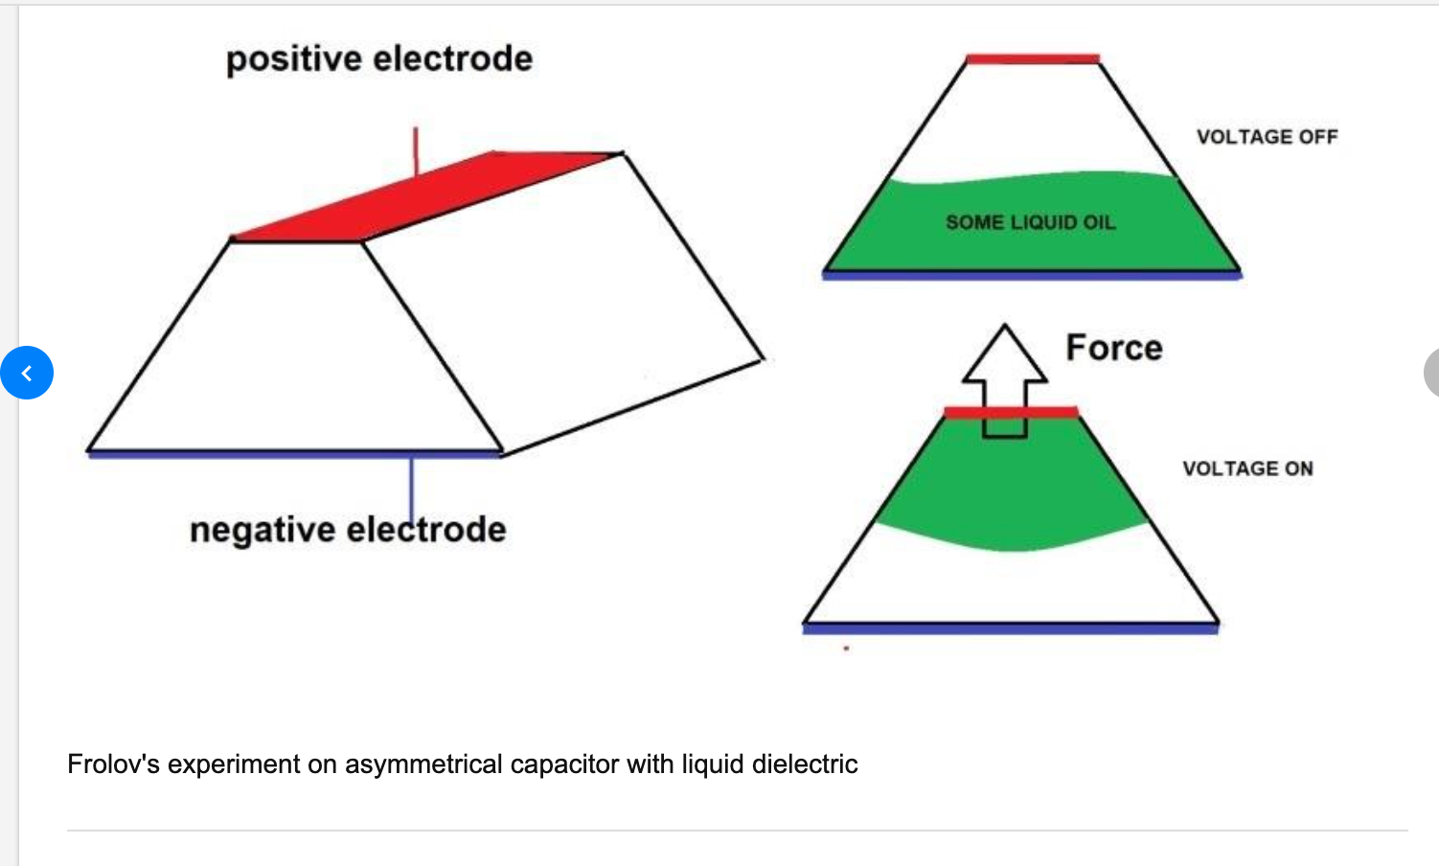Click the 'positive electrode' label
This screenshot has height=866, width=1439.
click(379, 59)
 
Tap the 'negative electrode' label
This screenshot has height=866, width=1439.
click(347, 530)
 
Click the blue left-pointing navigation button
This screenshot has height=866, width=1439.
click(27, 373)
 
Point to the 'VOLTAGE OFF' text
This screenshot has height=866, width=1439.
click(1267, 137)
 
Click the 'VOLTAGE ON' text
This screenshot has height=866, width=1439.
click(1247, 468)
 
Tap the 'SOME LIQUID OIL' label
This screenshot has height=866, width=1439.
click(1030, 222)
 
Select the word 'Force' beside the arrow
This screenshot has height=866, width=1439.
click(1114, 348)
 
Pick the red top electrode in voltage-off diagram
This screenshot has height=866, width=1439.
click(1033, 59)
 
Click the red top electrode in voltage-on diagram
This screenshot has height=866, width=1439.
click(1011, 412)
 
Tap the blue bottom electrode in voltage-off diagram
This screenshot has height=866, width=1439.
click(1032, 275)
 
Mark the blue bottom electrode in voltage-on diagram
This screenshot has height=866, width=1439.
click(1011, 628)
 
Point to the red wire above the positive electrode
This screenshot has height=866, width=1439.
click(416, 150)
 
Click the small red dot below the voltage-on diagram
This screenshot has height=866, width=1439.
click(846, 649)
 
